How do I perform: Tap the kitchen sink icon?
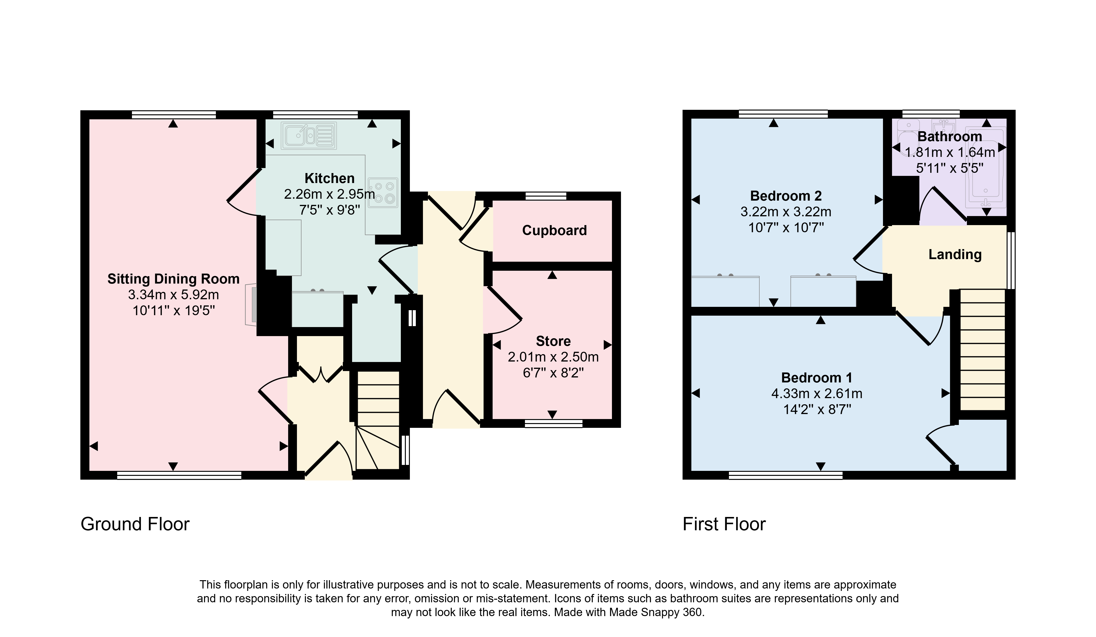point(309,135)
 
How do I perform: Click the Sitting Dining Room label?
point(174,279)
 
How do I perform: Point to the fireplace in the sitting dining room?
point(251,304)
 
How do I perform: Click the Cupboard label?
point(554,231)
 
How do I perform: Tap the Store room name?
point(553,341)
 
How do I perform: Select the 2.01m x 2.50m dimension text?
point(553,357)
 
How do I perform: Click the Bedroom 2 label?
point(786,196)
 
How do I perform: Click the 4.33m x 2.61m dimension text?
point(817,394)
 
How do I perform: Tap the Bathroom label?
point(950,136)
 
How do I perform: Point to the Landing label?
point(955,254)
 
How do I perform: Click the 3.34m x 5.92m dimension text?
point(174,295)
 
